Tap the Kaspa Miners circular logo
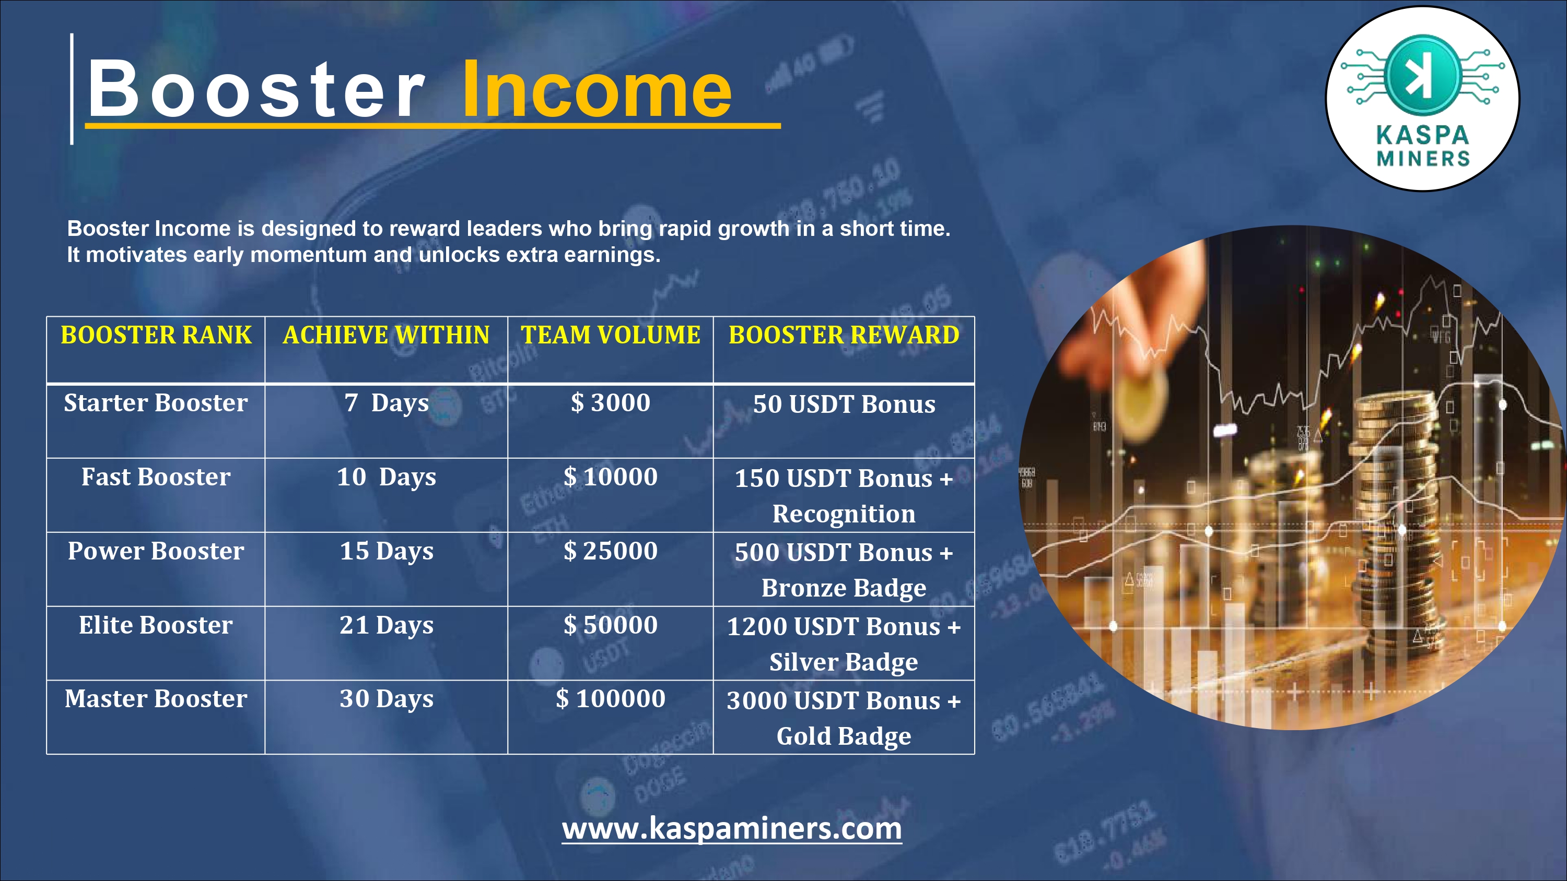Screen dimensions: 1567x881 1422,99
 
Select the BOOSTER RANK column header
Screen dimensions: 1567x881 156,335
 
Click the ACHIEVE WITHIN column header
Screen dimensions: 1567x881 387,335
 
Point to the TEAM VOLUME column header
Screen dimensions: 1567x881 610,335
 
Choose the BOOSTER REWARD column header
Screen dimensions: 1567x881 844,335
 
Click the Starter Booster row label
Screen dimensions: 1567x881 156,402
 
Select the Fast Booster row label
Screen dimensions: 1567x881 156,477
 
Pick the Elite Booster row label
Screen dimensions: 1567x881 156,625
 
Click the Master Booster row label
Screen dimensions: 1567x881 156,699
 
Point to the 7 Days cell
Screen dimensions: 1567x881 387,403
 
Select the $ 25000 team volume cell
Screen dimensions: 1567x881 610,551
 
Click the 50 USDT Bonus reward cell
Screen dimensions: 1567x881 844,404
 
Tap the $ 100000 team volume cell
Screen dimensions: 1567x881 610,699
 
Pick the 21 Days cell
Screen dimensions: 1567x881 387,626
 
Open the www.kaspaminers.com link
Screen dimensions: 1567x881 732,828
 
